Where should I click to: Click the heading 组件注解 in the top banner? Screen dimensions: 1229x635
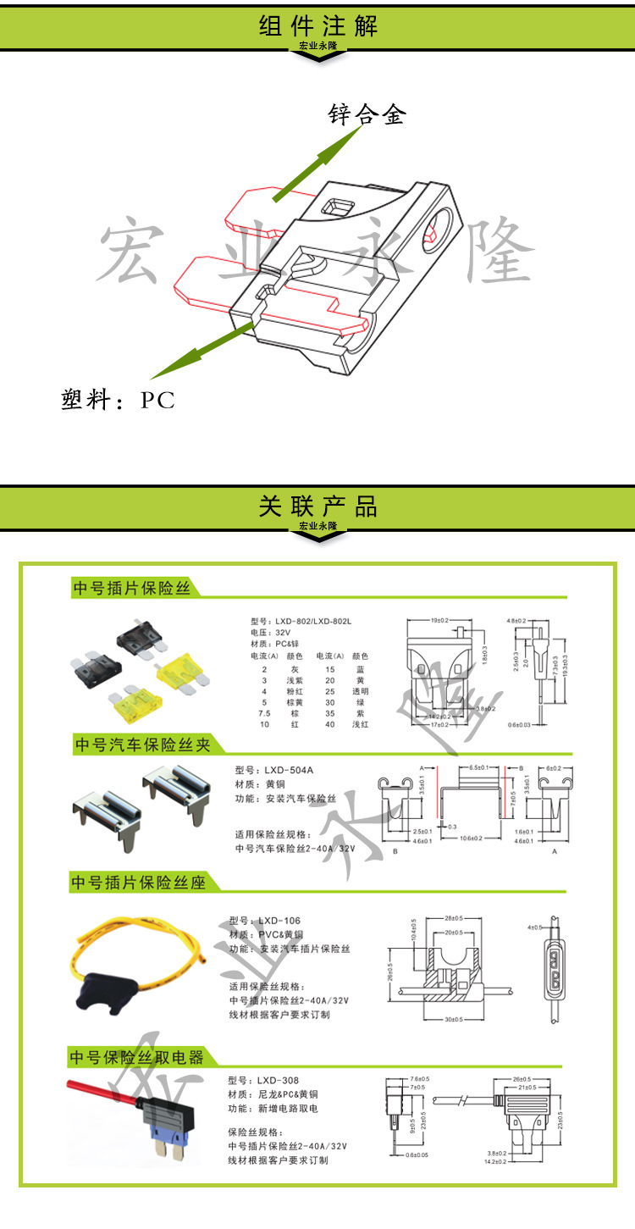(317, 25)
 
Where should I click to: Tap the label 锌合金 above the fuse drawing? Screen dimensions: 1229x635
(367, 114)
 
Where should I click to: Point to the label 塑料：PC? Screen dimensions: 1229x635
(119, 400)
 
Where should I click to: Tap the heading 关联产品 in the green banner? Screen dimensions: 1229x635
(317, 507)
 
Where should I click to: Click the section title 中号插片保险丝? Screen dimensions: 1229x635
(132, 588)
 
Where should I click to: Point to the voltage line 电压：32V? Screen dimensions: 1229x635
(270, 633)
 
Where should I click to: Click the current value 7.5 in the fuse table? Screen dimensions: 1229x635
(264, 713)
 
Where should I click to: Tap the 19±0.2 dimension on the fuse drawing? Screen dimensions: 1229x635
(440, 621)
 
